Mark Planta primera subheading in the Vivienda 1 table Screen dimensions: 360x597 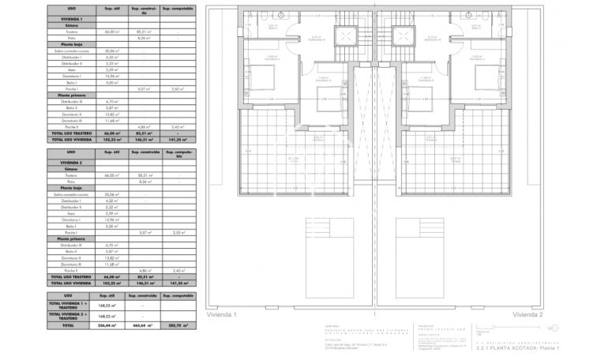point(70,95)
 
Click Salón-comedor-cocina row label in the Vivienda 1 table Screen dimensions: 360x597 point(71,51)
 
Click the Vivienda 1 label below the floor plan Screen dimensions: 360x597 point(222,314)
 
